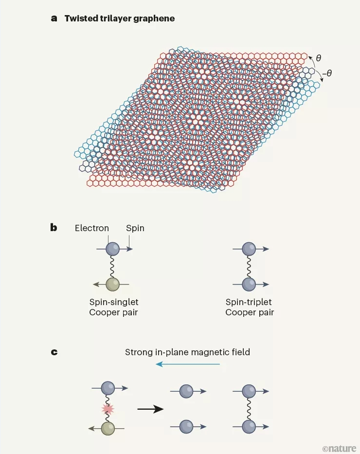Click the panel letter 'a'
tap(54, 18)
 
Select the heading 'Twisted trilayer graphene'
tap(120, 18)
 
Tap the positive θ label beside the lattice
tap(319, 58)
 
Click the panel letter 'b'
tap(54, 228)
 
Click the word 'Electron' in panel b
tap(92, 228)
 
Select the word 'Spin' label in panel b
tap(135, 228)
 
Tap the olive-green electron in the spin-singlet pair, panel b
tap(113, 284)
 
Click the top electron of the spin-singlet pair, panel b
tap(113, 249)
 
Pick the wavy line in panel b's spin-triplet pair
tap(249, 266)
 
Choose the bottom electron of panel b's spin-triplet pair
tap(249, 284)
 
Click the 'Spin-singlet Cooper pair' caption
tap(113, 307)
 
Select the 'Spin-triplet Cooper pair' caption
tap(250, 307)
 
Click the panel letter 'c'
tap(54, 351)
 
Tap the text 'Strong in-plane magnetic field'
tap(187, 351)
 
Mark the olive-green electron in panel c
tap(108, 428)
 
